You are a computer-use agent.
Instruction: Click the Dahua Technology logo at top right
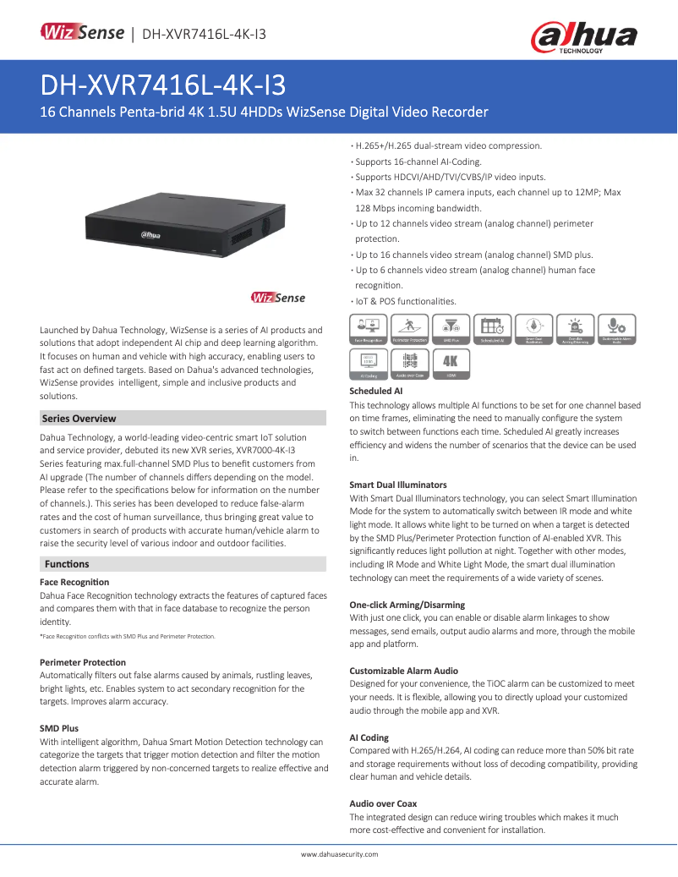click(x=582, y=37)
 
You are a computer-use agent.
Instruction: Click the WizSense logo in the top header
click(x=83, y=33)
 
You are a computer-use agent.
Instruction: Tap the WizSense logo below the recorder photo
click(x=278, y=298)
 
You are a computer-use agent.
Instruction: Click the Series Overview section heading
click(x=79, y=419)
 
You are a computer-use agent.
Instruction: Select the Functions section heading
click(x=67, y=564)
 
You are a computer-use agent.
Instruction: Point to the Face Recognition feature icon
click(x=369, y=328)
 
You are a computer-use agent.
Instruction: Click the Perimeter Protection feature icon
click(x=409, y=328)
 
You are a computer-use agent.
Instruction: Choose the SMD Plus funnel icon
click(x=451, y=328)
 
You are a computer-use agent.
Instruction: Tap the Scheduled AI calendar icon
click(x=492, y=328)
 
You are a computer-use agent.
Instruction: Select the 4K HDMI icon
click(x=451, y=363)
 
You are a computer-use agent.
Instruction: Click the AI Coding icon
click(x=369, y=363)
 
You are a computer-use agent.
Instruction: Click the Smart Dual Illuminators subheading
click(x=398, y=485)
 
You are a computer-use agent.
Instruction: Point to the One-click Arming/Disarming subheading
click(x=407, y=605)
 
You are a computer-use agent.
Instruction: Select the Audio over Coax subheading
click(x=383, y=803)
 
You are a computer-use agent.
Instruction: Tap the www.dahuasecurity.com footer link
click(x=340, y=854)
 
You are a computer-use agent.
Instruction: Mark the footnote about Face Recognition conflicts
click(x=127, y=636)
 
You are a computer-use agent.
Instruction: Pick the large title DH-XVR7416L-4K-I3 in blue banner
click(x=163, y=85)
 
